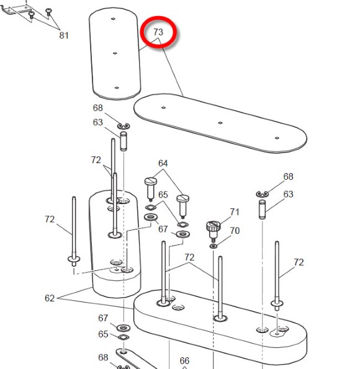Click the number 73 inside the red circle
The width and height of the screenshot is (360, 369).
[158, 32]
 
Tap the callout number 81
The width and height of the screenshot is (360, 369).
[64, 35]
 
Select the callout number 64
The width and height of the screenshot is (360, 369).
[163, 163]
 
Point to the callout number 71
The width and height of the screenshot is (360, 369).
[235, 212]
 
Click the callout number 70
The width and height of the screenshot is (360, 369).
[235, 231]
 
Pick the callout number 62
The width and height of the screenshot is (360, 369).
[50, 298]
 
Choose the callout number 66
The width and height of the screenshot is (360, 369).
[184, 360]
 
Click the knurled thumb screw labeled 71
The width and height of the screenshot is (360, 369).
[214, 231]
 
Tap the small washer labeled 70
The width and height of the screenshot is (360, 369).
[214, 246]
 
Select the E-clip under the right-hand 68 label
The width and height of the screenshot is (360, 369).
[262, 194]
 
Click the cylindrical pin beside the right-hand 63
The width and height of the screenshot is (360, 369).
[262, 210]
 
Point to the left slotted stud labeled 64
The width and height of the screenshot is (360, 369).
[151, 189]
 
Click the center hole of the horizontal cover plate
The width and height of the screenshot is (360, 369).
[220, 123]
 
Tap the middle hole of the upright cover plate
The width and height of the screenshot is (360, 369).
[115, 53]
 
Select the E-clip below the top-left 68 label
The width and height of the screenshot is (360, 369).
[124, 127]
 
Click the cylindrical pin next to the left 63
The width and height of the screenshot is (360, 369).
[124, 141]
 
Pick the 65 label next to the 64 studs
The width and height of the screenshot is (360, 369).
[163, 195]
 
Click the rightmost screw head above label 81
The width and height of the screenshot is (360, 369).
[49, 12]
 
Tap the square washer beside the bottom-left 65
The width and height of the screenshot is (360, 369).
[123, 337]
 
